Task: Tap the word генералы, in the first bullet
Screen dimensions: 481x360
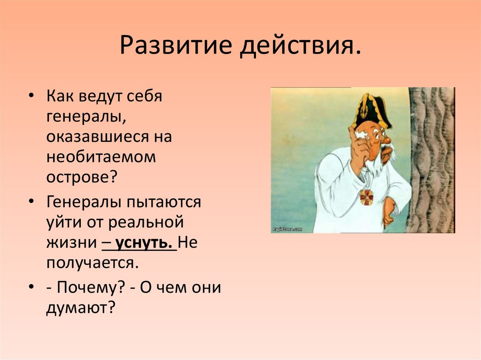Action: [86, 117]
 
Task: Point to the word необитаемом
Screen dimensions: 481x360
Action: [101, 157]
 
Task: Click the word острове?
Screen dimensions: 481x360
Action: [82, 177]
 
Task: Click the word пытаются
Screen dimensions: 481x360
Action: [163, 203]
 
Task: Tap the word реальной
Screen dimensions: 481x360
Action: [146, 222]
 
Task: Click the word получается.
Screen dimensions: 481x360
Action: [93, 263]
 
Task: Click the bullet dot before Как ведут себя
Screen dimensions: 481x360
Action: [31, 95]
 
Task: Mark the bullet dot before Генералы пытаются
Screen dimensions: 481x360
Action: [31, 201]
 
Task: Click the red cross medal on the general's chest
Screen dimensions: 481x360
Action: [367, 197]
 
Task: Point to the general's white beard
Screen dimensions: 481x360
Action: [375, 162]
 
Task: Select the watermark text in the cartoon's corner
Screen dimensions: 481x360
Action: [287, 229]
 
